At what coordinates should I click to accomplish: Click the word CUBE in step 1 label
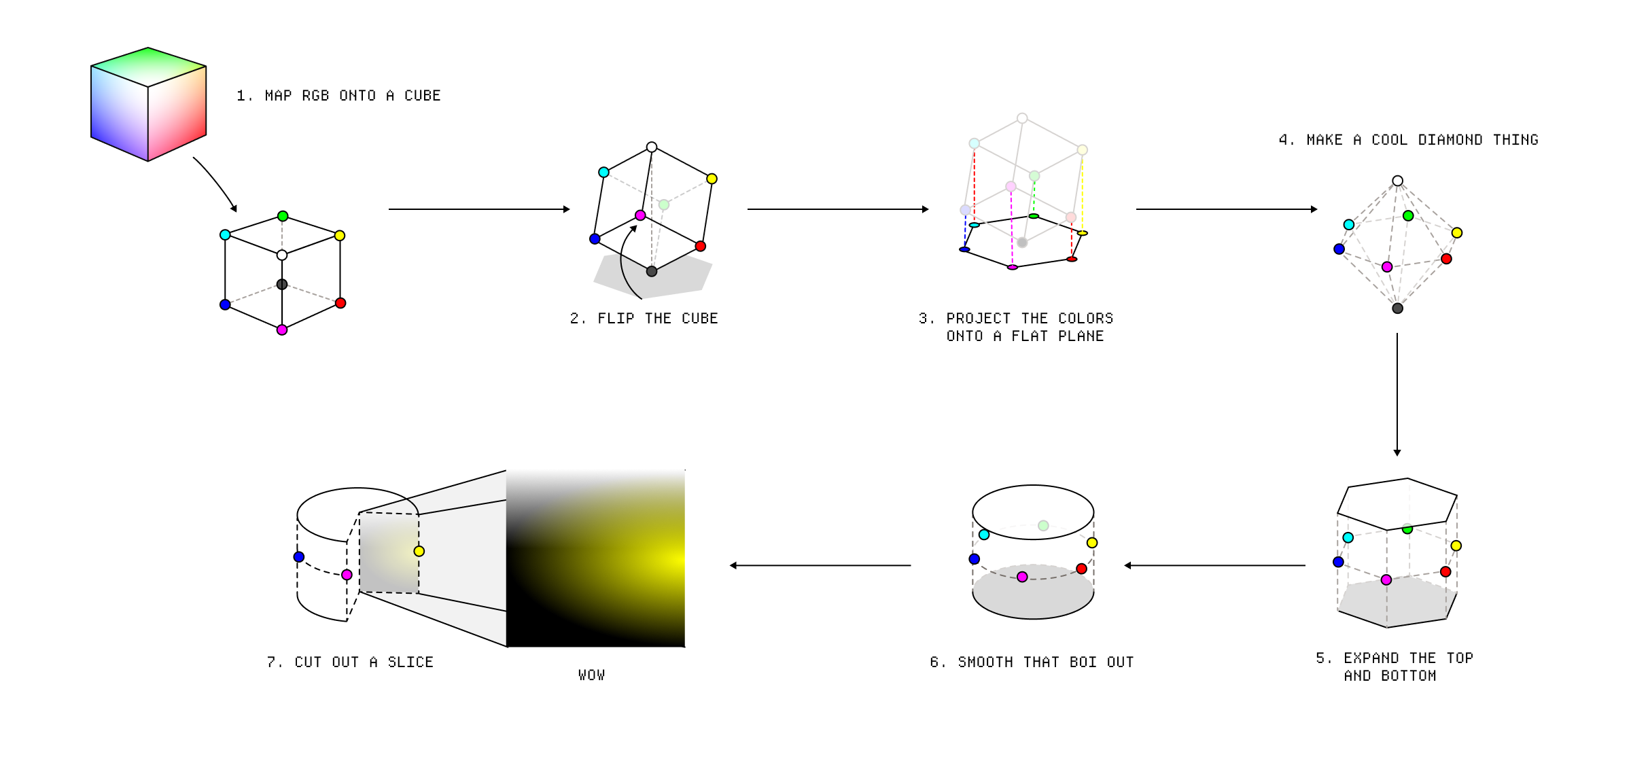[x=422, y=96]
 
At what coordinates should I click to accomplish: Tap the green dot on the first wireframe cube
[x=283, y=217]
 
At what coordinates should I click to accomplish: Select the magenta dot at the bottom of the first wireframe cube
[x=282, y=330]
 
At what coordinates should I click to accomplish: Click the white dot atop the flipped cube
[x=652, y=147]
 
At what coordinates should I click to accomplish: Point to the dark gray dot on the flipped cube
[x=652, y=272]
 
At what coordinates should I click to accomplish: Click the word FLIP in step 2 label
[x=616, y=319]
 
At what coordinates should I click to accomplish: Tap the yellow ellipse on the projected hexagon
[x=1083, y=233]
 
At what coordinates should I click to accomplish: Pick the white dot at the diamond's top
[x=1397, y=181]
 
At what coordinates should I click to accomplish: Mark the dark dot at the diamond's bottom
[x=1397, y=308]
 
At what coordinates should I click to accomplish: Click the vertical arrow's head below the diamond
[x=1397, y=452]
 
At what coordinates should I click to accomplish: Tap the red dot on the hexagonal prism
[x=1445, y=572]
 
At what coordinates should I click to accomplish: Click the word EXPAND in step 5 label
[x=1371, y=658]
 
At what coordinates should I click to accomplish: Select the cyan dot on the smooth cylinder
[x=984, y=535]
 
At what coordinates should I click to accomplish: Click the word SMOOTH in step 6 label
[x=985, y=662]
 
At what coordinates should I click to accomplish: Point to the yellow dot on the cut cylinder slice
[x=419, y=552]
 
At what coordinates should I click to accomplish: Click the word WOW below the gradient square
[x=591, y=675]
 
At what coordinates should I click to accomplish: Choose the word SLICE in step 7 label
[x=410, y=662]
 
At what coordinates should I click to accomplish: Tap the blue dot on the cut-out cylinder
[x=299, y=557]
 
